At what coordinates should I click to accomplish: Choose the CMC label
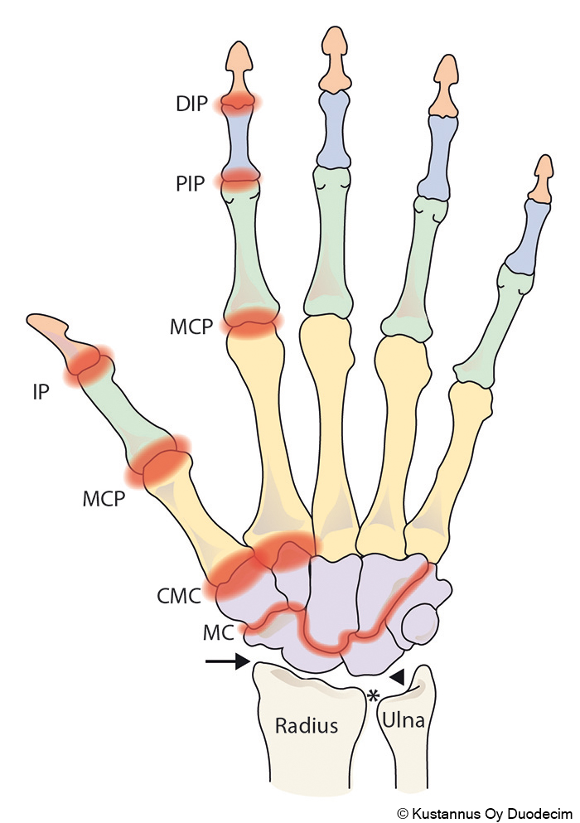tap(179, 595)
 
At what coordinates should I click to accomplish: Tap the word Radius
tap(307, 726)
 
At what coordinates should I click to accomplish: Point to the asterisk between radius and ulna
tap(374, 695)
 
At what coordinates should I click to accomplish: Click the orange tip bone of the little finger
tap(543, 177)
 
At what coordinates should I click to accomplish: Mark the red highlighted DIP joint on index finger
tap(239, 103)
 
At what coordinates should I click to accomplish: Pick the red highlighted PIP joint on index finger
tap(239, 178)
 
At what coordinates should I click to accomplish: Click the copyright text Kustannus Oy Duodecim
tap(484, 813)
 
